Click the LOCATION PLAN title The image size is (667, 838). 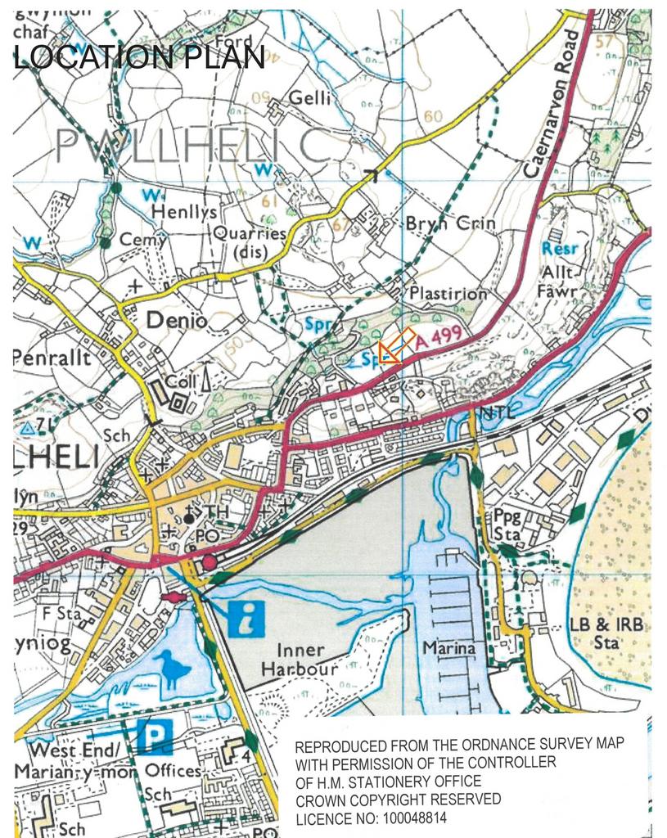click(139, 57)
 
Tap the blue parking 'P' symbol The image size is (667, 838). click(154, 736)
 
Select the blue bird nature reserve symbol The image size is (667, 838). click(174, 668)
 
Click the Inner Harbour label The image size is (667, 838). click(294, 660)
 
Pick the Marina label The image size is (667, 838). click(448, 648)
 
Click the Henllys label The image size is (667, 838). click(185, 212)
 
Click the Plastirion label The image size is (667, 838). click(448, 292)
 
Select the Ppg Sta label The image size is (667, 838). click(507, 525)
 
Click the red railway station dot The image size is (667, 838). click(210, 561)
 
